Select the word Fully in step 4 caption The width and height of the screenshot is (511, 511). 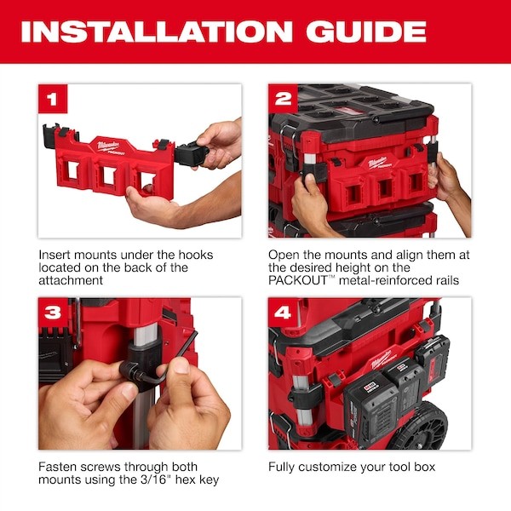coord(284,467)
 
